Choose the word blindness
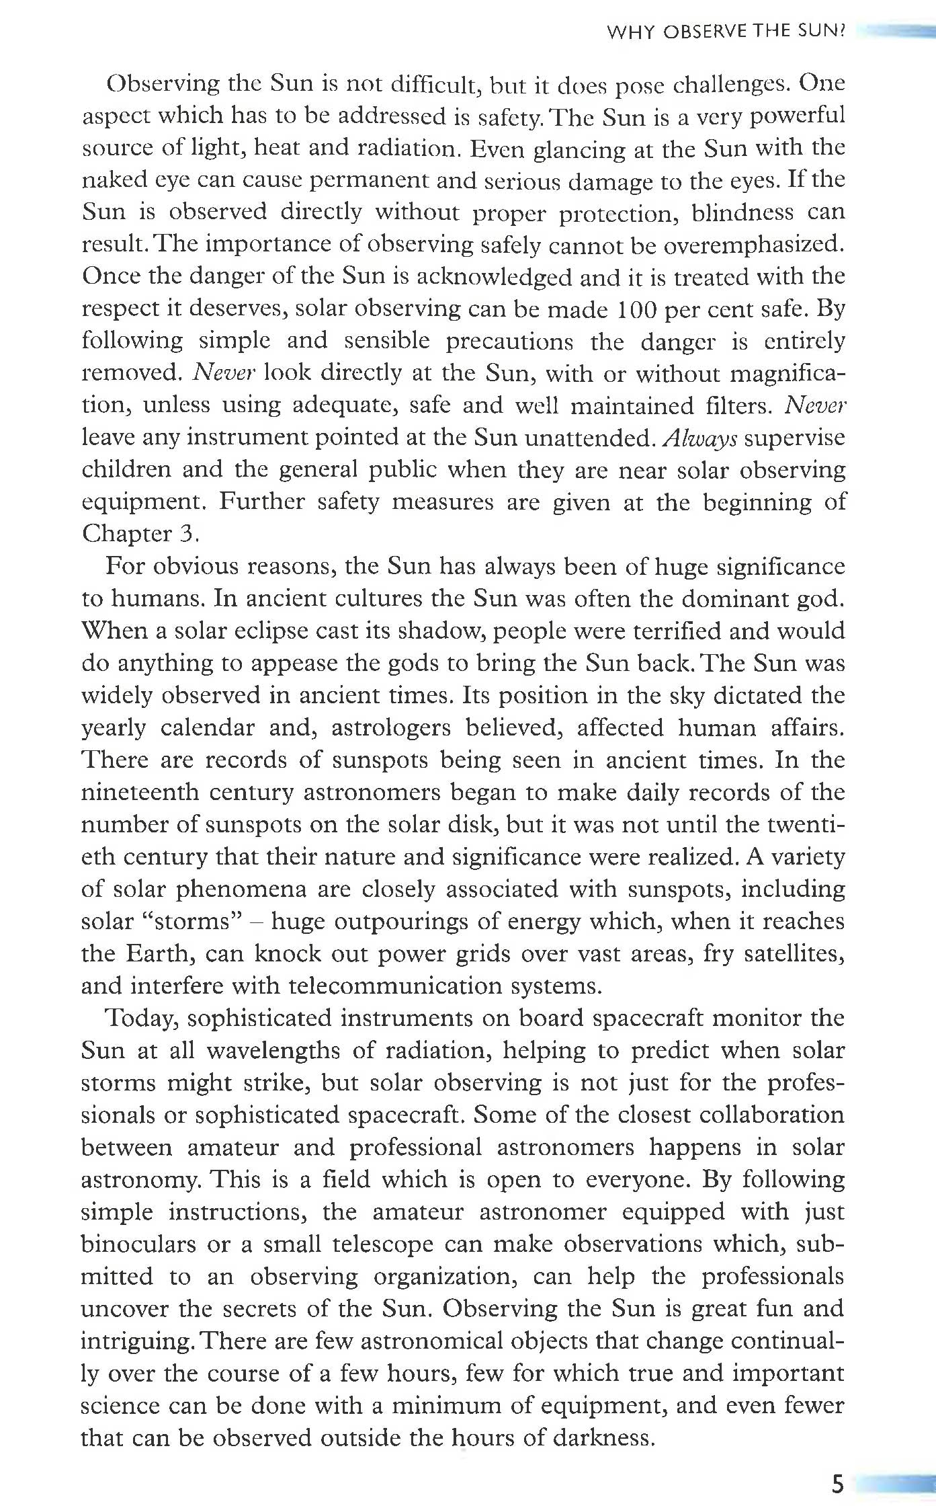pyautogui.click(x=742, y=212)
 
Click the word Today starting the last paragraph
pyautogui.click(x=142, y=1019)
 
